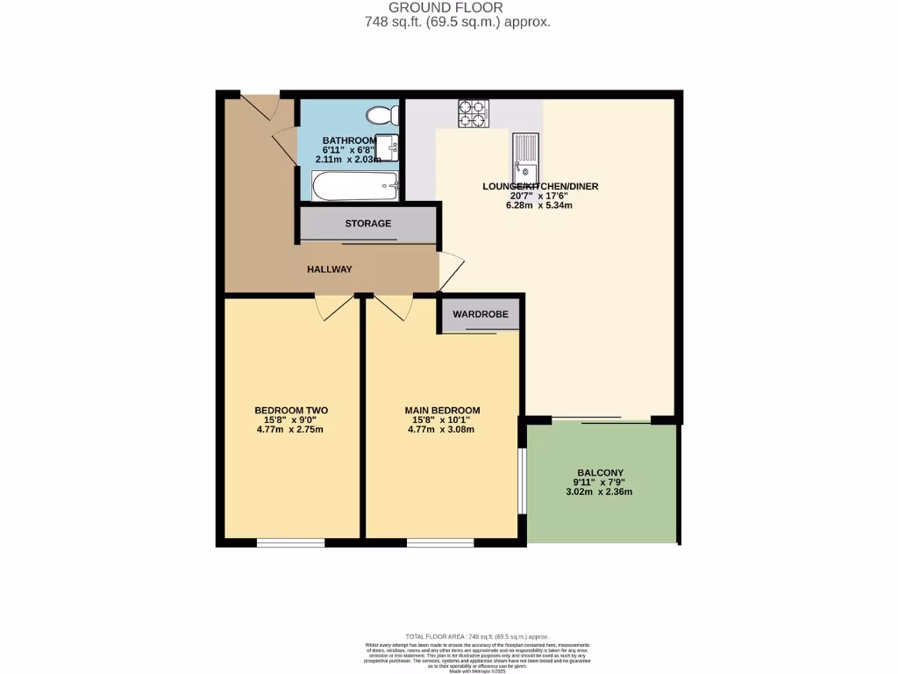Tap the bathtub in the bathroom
click(x=355, y=185)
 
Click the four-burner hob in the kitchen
click(x=474, y=113)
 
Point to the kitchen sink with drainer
click(x=526, y=155)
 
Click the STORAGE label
click(x=368, y=224)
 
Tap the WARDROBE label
click(x=480, y=314)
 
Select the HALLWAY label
click(x=329, y=269)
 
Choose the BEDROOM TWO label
click(x=291, y=410)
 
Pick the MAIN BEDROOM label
click(x=442, y=410)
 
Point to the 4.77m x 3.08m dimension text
click(x=442, y=430)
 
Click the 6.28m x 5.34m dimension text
click(x=539, y=206)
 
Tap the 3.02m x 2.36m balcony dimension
click(x=602, y=491)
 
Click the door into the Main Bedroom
click(x=394, y=306)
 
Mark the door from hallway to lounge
click(x=451, y=270)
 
